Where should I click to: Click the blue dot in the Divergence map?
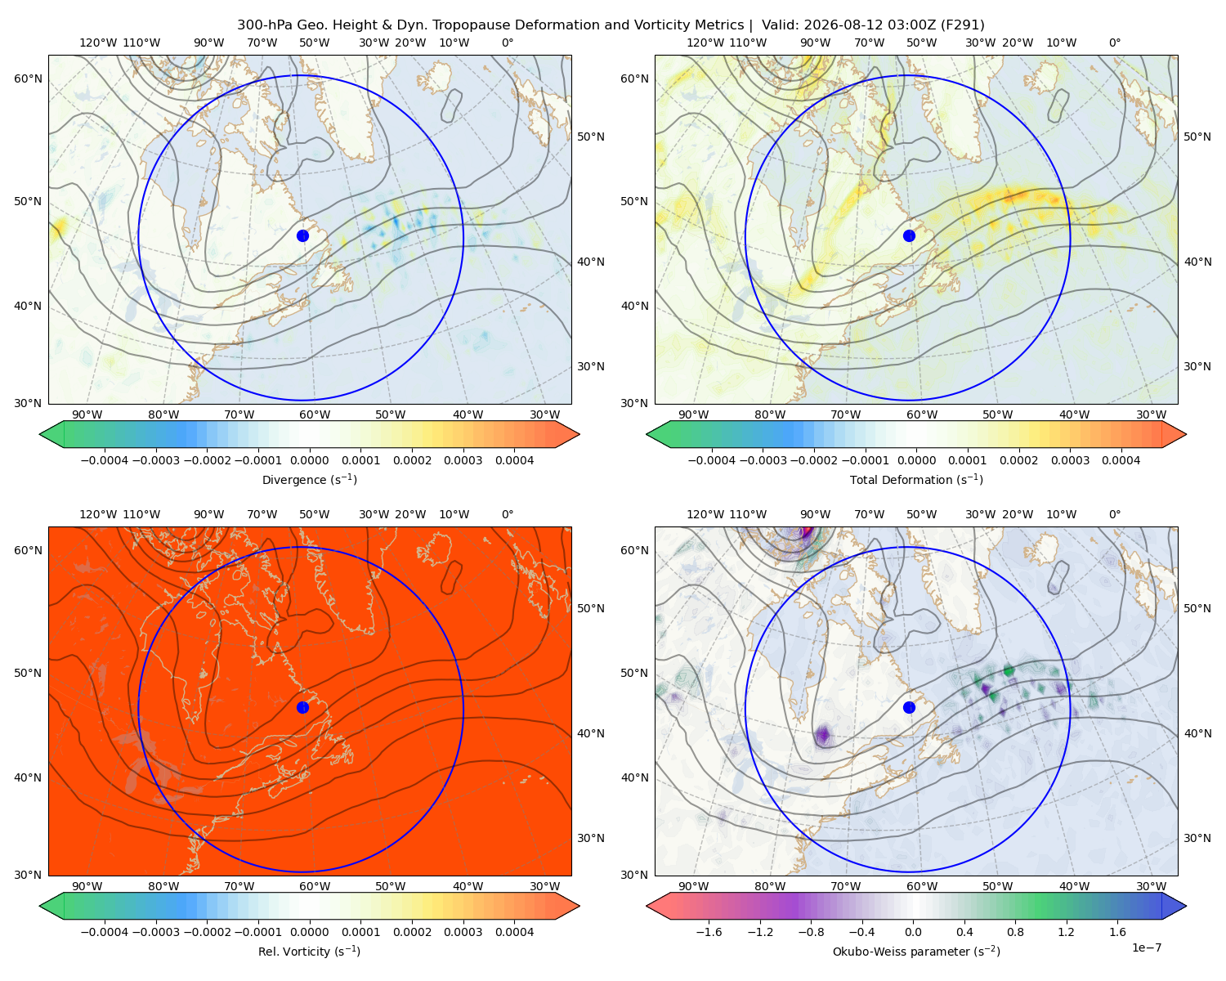302,235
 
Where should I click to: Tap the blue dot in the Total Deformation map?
909,235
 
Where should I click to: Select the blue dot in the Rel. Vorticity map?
302,707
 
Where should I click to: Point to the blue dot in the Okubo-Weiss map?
909,707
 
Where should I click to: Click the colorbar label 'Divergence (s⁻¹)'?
309,479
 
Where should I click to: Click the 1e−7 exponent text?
1146,947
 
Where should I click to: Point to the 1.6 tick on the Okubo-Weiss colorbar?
1117,932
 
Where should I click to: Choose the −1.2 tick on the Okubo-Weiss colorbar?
760,932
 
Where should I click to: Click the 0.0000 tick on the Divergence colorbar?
309,460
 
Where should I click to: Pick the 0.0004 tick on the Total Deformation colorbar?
1121,460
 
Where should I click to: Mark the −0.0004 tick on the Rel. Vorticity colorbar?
105,932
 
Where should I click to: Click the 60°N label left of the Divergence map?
28,78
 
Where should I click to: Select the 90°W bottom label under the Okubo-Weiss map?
693,886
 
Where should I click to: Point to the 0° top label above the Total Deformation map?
1114,43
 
